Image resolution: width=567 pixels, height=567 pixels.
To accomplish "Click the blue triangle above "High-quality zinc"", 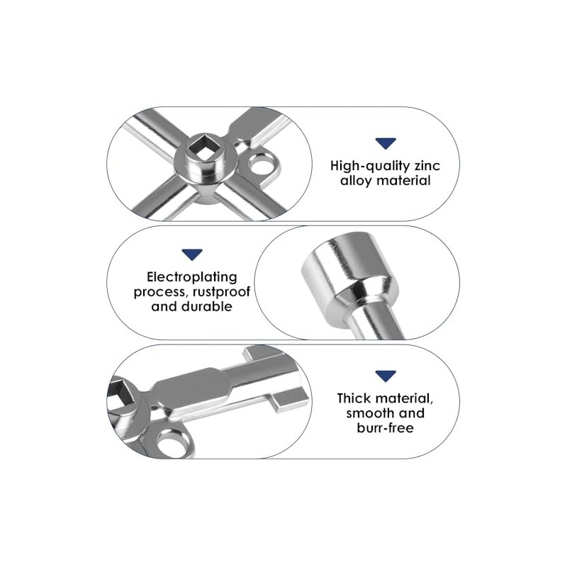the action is (386, 143).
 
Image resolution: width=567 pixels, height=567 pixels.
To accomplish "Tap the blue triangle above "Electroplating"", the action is (192, 254).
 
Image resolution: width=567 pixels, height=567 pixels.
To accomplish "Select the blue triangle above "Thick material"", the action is (386, 376).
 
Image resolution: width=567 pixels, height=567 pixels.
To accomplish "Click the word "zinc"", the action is (427, 166).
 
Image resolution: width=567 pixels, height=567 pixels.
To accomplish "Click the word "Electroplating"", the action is (192, 277).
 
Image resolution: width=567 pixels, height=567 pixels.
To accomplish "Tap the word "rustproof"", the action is (221, 291).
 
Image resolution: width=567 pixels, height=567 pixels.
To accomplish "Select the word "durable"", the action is (207, 306).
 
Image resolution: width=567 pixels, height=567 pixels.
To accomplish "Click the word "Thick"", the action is (353, 398).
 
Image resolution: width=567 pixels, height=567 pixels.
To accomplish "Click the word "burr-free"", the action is (386, 428).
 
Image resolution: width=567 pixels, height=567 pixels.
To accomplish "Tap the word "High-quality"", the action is (370, 167).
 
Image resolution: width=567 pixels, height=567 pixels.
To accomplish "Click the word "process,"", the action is (162, 292).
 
